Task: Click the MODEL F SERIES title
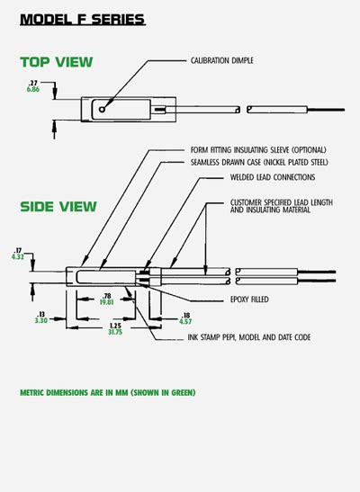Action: point(83,20)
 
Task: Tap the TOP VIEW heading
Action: point(57,62)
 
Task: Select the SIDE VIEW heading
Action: point(58,207)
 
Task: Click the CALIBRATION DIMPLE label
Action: point(222,60)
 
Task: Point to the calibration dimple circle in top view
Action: point(102,109)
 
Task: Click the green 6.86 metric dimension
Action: point(33,89)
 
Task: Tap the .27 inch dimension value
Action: point(33,83)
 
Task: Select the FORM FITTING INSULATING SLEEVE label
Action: point(258,150)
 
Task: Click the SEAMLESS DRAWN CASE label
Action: point(259,162)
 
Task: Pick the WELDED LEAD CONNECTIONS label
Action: point(273,177)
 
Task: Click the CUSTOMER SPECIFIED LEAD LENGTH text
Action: point(282,202)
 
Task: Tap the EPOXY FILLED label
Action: point(249,300)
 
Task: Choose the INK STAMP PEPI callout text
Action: point(249,337)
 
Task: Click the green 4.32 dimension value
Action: point(18,257)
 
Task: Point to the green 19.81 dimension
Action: point(107,302)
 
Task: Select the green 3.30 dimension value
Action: point(41,320)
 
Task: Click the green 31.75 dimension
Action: point(115,332)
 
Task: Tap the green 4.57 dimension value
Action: point(185,322)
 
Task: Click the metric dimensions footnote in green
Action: point(108,392)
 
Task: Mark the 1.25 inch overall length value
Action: point(115,326)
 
